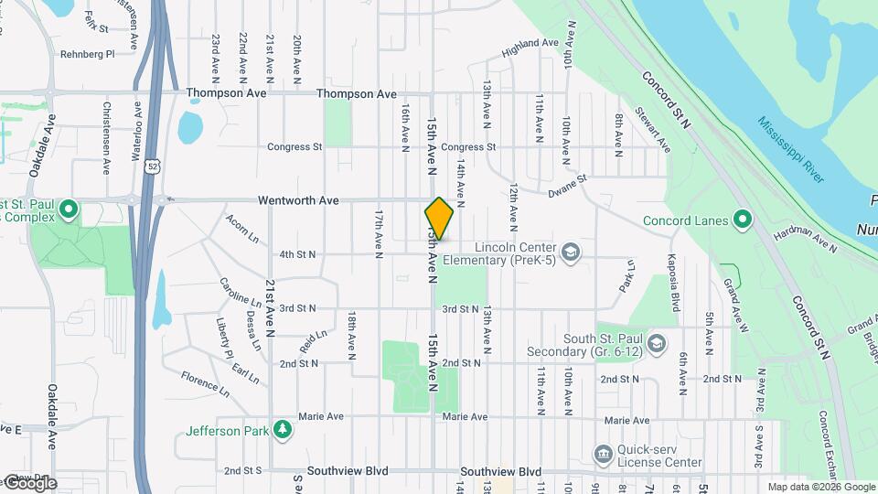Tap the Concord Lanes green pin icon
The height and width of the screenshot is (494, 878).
tap(742, 220)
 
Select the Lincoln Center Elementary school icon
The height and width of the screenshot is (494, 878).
tap(571, 252)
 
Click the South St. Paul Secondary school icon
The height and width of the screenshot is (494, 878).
tap(656, 343)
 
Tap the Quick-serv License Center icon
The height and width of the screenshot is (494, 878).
tap(603, 454)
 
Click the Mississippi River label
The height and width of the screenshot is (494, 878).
tap(790, 145)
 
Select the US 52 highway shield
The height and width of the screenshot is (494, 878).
tap(151, 166)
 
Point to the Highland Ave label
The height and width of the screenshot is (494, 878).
tap(530, 43)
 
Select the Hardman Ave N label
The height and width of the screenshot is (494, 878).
tap(805, 242)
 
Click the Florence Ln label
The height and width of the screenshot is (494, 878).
tap(205, 383)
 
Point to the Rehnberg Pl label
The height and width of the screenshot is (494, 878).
tap(87, 54)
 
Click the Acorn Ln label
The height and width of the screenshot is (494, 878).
tap(242, 225)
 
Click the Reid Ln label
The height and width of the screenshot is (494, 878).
tap(313, 342)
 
